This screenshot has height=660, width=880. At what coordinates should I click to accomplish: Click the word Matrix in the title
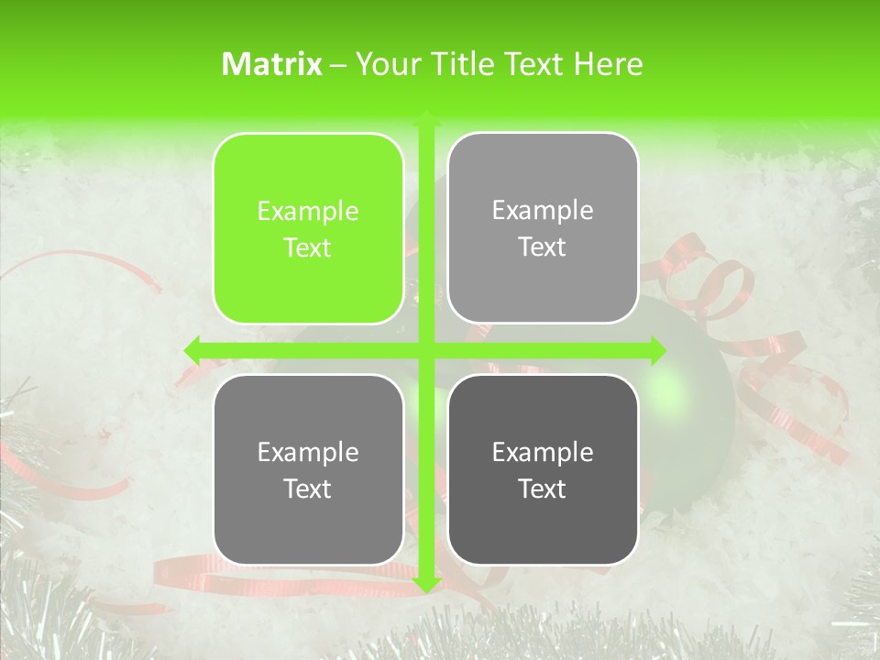click(x=272, y=64)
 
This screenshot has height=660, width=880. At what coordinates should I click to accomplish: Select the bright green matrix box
click(x=308, y=228)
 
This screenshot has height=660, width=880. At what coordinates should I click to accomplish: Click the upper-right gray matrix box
click(x=543, y=228)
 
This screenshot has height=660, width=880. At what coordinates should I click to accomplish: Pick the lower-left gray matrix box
click(x=308, y=469)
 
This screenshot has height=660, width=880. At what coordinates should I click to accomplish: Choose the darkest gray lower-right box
click(x=543, y=469)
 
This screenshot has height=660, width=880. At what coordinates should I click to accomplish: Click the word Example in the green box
click(x=308, y=212)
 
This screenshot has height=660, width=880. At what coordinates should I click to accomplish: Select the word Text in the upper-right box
click(x=543, y=247)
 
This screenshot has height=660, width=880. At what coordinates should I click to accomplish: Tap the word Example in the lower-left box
click(x=308, y=453)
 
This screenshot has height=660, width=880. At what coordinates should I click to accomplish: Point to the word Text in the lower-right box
click(x=543, y=489)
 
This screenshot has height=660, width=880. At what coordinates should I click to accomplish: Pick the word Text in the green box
click(x=308, y=248)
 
